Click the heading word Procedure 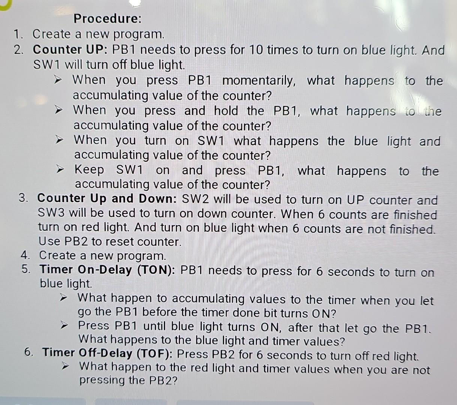[108, 18]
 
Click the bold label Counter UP [70, 49]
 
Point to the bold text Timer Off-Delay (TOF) [108, 353]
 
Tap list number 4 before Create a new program [26, 255]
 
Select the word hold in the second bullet [226, 111]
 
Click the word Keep [89, 170]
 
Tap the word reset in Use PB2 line [120, 242]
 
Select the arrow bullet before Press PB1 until [64, 325]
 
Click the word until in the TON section [154, 326]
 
